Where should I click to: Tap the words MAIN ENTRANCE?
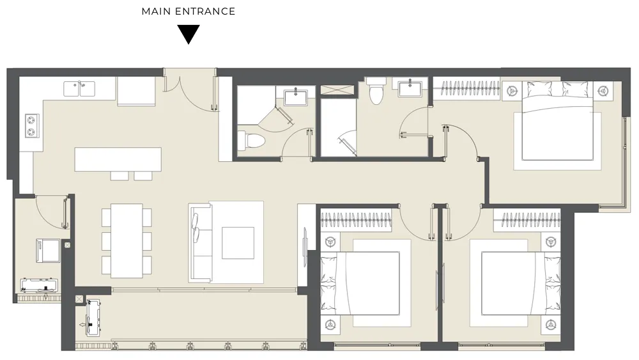[x=189, y=12]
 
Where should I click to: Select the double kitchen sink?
[x=79, y=88]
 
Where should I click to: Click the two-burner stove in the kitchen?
[x=32, y=125]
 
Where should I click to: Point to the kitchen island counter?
[x=118, y=159]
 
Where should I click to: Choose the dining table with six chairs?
[x=127, y=241]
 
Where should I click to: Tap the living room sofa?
[x=201, y=242]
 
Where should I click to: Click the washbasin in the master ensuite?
[x=410, y=88]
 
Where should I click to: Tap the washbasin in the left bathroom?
[x=295, y=98]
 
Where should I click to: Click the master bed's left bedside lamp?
[x=512, y=90]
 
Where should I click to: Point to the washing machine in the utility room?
[x=48, y=251]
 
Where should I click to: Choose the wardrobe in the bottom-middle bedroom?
[x=356, y=220]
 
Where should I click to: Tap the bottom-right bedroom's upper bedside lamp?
[x=551, y=242]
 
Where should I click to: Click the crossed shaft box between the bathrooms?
[x=337, y=90]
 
